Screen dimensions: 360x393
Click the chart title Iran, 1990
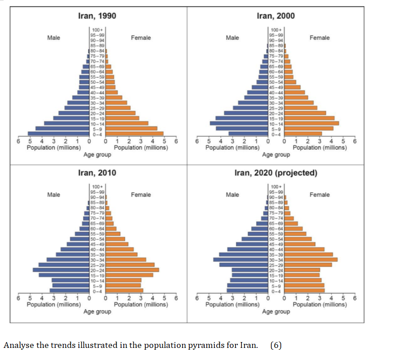97,16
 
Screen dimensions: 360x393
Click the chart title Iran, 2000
275,16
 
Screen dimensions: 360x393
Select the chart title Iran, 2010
97,173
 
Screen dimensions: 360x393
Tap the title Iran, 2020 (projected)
275,173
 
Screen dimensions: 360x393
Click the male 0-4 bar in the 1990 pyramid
58,133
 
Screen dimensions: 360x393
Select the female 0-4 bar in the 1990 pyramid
135,133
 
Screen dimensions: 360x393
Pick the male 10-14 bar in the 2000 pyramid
239,123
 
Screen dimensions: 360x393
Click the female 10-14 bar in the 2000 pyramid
311,123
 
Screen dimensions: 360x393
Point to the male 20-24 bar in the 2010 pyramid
61,270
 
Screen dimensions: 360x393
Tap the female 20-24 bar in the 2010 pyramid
132,270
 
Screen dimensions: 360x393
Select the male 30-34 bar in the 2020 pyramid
240,260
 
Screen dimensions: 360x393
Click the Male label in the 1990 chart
53,38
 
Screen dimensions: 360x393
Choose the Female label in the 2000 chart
319,38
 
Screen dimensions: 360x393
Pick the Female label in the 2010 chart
141,195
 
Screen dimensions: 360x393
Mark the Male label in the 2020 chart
232,195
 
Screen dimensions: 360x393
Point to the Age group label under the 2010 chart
97,312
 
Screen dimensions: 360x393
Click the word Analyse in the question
17,345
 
